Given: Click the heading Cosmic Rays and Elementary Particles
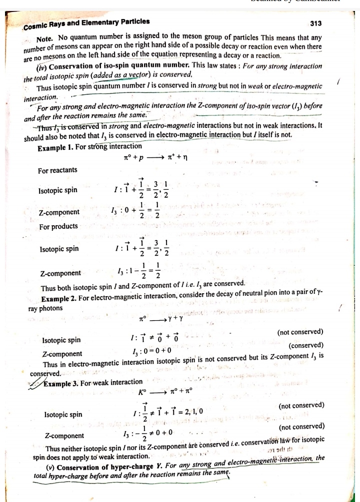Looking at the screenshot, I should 85,22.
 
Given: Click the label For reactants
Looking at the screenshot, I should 57,170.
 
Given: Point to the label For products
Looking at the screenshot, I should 58,226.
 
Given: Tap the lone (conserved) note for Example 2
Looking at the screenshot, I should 306,346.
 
